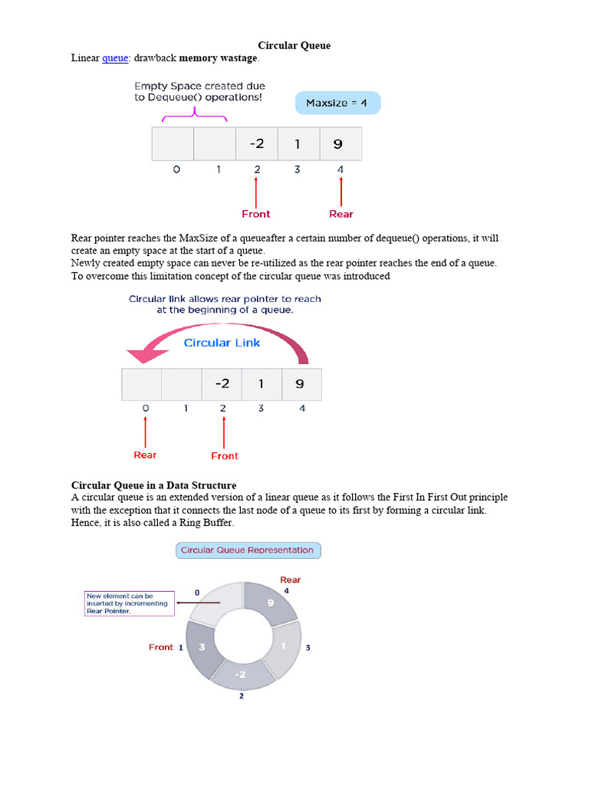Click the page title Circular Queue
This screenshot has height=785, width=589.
tap(294, 45)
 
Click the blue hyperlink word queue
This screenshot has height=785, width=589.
tap(114, 57)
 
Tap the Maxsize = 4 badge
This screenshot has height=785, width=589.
tap(337, 103)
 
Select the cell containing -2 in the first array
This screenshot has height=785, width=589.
tap(255, 143)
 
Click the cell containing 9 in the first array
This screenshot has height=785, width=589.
tap(338, 143)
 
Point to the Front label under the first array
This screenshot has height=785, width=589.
tap(255, 214)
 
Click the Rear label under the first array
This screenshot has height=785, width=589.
tap(341, 214)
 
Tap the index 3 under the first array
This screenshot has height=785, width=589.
tap(298, 169)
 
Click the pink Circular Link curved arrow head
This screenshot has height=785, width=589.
tap(142, 355)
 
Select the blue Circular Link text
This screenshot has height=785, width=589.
tap(222, 343)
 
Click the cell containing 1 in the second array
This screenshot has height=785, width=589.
tap(261, 384)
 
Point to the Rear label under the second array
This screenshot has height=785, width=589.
tap(145, 455)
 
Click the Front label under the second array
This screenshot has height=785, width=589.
tap(225, 455)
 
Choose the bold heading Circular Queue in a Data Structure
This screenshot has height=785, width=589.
tap(153, 485)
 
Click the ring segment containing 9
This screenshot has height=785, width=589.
tap(270, 603)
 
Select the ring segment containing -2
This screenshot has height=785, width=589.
tap(241, 673)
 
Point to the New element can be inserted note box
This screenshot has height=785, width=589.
tap(130, 603)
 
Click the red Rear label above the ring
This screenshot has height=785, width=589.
tap(290, 580)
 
